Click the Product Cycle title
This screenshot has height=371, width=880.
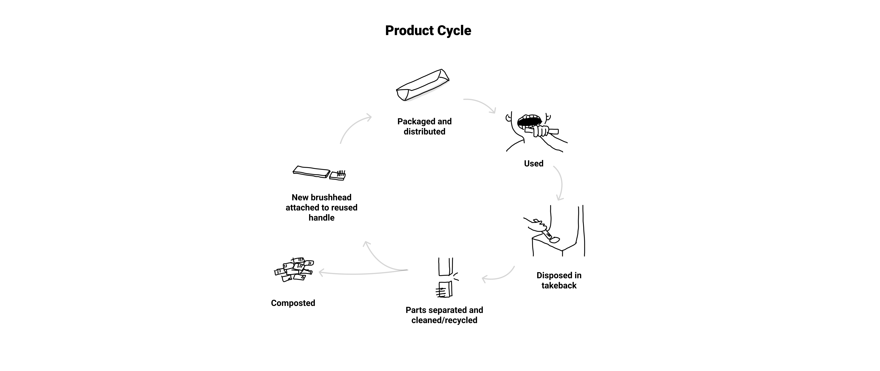click(428, 30)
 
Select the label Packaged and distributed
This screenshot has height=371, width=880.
click(424, 127)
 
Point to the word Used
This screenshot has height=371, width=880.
click(534, 163)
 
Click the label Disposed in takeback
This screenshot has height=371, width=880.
click(559, 280)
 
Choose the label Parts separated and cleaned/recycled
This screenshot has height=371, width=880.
click(444, 315)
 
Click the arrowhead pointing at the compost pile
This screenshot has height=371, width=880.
click(321, 273)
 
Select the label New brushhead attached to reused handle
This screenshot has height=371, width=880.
click(321, 208)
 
